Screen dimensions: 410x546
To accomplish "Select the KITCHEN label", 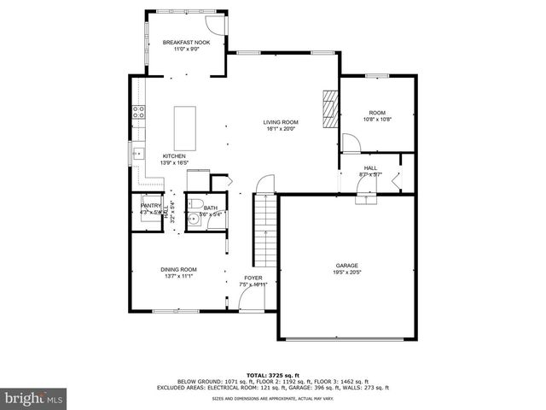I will pos(174,156).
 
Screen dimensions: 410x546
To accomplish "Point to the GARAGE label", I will pos(346,266).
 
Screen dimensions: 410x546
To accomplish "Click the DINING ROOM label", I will pos(178,270).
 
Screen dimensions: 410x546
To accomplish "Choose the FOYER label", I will pos(253,278).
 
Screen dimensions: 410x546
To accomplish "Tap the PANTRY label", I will pos(151,205).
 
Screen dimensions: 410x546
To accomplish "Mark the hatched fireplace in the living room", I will pos(330,108).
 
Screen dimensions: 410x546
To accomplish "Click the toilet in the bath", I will pos(195,203).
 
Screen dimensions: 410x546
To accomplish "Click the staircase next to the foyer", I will pos(266,231).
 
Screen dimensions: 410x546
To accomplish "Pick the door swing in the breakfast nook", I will pos(218,26).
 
